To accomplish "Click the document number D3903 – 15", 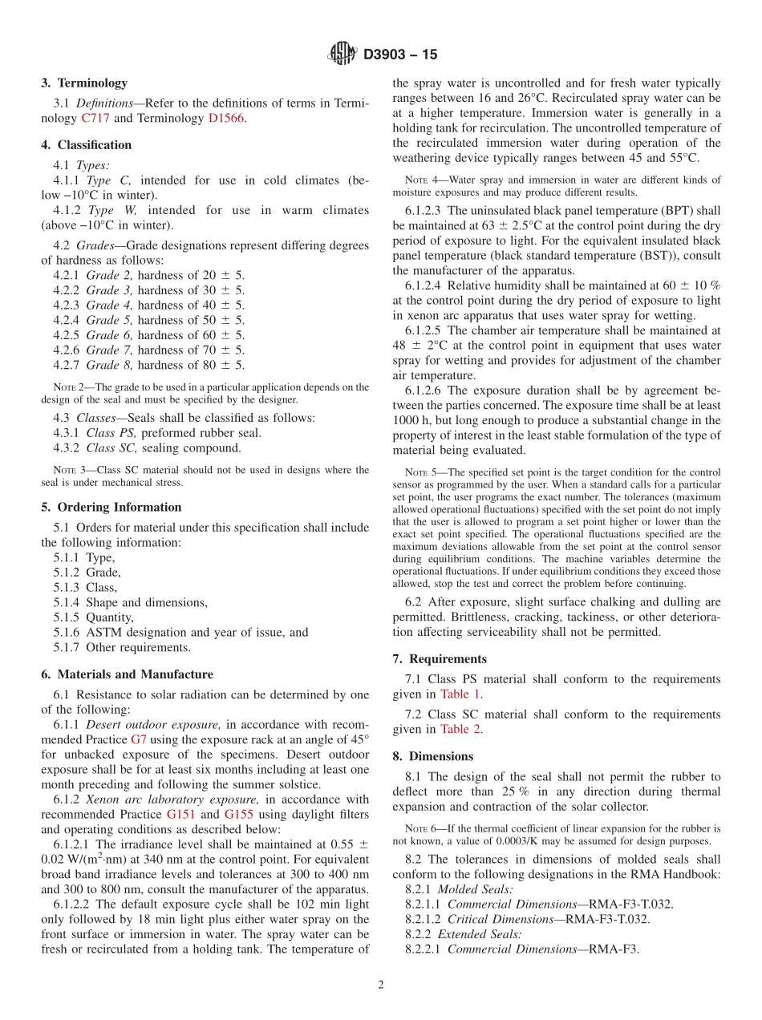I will pos(400,55).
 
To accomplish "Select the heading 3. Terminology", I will pos(84,83).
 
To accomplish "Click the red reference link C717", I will pos(95,118).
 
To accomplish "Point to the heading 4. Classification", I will pos(87,145).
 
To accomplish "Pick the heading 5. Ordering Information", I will pos(111,507).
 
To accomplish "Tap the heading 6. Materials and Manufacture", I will pos(127,674).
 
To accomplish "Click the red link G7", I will pos(140,739).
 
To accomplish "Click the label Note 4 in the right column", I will pos(421,180).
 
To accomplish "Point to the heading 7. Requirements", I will pos(440,658).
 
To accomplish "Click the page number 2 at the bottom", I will pos(381,985).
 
